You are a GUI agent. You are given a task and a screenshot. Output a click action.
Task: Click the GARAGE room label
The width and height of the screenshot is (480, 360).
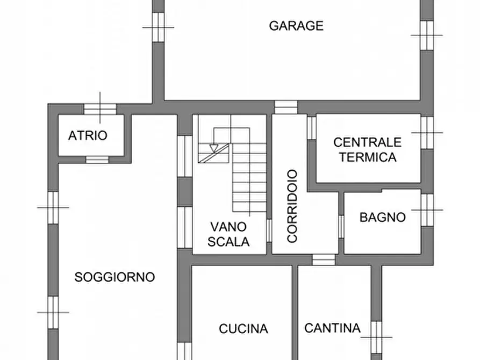pos(296,26)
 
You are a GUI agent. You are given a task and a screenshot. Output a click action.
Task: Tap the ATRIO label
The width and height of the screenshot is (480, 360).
pos(88,136)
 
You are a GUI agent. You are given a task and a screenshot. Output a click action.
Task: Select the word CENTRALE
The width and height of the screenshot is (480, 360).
pos(367,142)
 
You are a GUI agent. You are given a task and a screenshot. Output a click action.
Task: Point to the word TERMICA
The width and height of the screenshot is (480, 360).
pos(368,157)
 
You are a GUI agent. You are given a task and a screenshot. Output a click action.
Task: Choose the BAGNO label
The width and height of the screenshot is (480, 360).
pos(382,218)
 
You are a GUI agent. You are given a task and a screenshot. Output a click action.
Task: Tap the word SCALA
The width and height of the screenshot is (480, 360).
pos(229,242)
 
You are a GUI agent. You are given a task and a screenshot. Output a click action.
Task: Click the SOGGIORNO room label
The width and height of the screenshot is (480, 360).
pos(114,277)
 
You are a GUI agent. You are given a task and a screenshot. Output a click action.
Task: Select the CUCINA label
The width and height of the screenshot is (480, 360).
pos(243,328)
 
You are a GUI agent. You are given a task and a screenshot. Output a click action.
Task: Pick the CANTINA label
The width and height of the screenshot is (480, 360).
pos(332,328)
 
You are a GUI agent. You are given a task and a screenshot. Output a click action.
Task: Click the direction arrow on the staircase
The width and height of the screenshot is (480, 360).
pos(214,148)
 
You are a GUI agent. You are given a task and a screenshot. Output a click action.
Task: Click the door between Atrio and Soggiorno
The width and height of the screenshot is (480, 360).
pos(97,160)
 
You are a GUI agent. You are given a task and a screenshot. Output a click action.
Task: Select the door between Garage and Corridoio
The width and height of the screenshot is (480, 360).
pos(285,107)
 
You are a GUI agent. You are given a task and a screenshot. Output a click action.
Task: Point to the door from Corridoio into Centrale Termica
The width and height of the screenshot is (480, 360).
pos(311,128)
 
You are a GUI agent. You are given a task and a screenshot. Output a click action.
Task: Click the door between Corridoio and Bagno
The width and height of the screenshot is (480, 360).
pos(341,226)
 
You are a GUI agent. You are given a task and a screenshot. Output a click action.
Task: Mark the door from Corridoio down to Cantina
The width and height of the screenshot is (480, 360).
pos(324,260)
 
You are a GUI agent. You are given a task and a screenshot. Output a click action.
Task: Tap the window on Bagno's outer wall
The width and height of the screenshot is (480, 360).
pos(427,210)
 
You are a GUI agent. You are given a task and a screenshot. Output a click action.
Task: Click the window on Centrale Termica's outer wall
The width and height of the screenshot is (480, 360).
pos(427,132)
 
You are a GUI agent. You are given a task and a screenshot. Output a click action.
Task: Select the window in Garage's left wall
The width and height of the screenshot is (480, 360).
pos(158,27)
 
